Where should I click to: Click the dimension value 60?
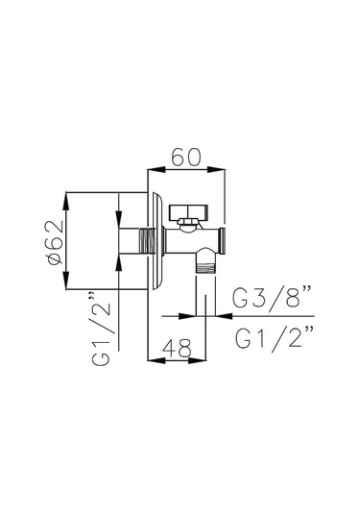tap(186, 157)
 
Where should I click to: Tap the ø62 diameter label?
tap(55, 242)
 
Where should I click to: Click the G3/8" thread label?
tap(272, 297)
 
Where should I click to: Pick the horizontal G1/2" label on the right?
tap(275, 338)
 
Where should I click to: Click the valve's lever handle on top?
tap(188, 212)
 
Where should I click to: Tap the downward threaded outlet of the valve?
tap(205, 266)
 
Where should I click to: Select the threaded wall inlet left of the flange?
tap(148, 241)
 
